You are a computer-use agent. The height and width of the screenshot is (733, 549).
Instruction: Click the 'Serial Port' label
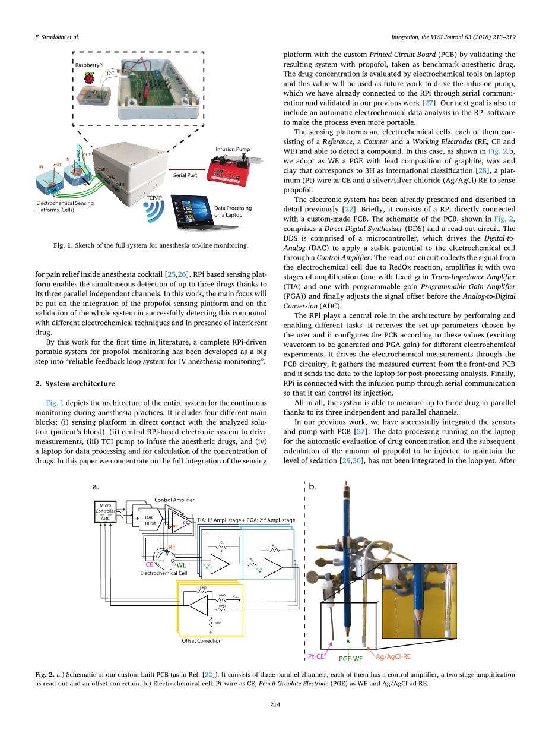185,176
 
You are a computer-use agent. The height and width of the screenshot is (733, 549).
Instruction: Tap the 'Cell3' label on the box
120,184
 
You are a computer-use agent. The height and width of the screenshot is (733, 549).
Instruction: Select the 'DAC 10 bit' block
150,520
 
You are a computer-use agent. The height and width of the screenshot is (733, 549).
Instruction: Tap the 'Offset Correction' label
201,640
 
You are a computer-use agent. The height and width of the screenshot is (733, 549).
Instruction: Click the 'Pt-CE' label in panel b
316,656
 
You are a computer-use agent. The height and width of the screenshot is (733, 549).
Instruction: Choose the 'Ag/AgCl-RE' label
393,656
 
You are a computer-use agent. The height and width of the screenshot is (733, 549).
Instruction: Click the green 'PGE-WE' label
350,659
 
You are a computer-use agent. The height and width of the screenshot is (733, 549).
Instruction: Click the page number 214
274,704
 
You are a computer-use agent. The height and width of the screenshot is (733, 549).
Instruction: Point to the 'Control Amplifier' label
174,500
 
